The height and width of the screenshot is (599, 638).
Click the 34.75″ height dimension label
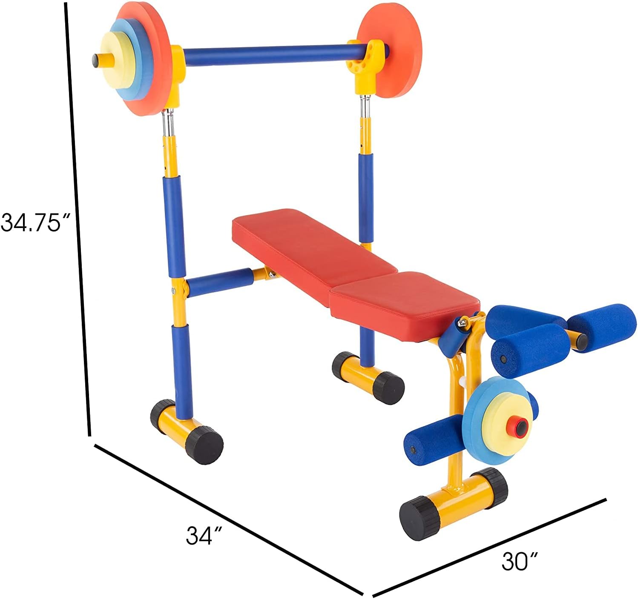click(35, 222)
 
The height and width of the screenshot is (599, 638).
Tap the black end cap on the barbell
click(95, 60)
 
